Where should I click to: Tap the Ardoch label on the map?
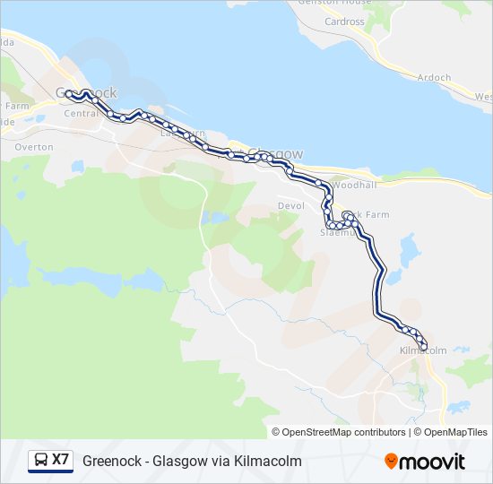click(434, 78)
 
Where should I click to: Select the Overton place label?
click(34, 146)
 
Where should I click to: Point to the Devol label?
click(290, 205)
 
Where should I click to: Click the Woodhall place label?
click(353, 185)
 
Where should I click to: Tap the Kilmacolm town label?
click(422, 350)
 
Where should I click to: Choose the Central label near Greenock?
click(81, 114)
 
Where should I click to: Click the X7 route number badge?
click(61, 461)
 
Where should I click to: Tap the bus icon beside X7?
click(41, 461)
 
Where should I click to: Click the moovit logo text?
click(434, 462)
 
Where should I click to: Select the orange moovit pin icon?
click(392, 462)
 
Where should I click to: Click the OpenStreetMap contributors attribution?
click(339, 432)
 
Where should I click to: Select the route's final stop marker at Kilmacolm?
click(424, 347)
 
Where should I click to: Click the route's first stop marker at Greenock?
click(68, 93)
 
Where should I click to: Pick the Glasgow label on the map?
click(273, 153)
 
